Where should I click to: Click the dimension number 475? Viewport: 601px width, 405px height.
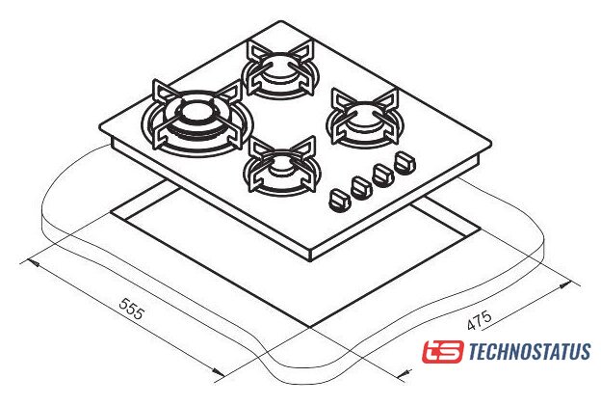tap(480, 320)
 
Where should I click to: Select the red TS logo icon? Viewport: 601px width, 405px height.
tap(443, 351)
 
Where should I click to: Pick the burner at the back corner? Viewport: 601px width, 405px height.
tap(281, 70)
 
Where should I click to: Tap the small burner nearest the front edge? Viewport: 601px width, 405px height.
tap(282, 166)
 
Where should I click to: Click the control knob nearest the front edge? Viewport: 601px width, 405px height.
tap(340, 200)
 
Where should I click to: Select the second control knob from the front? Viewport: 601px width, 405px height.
tap(362, 188)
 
